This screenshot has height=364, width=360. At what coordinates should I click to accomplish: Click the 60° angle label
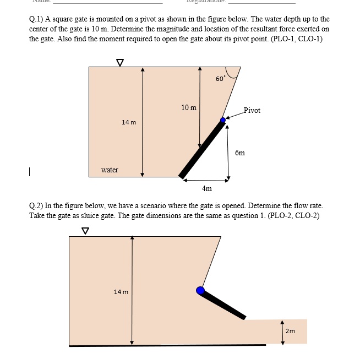coord(220,79)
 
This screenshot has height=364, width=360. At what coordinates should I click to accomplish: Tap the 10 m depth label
coord(189,107)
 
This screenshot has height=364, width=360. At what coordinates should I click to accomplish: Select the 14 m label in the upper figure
coord(129,122)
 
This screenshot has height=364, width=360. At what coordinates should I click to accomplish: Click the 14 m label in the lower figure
coord(121,291)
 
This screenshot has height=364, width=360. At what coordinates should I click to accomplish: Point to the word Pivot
coord(252,110)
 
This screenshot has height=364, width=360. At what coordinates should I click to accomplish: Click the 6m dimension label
coord(240,153)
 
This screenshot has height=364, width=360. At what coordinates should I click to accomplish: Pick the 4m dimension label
coord(206,188)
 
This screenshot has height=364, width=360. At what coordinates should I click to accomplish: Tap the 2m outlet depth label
coord(291,331)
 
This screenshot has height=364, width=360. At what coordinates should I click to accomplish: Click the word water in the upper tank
coord(110,170)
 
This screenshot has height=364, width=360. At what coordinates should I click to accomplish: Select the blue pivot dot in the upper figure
coord(223,119)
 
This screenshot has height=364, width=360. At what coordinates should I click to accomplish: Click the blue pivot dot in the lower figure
coord(200,290)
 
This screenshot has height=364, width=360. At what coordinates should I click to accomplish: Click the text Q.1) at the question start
coord(37,19)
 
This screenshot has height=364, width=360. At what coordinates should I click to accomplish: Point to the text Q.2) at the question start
coord(37,205)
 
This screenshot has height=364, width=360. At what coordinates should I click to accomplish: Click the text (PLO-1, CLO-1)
coord(296,39)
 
